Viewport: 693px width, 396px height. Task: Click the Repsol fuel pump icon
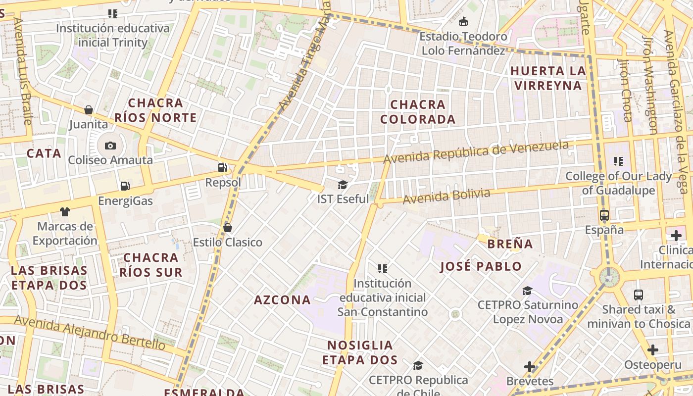(x=223, y=168)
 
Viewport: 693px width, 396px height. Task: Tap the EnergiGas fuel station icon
(x=125, y=186)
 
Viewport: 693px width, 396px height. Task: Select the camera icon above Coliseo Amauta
(x=110, y=146)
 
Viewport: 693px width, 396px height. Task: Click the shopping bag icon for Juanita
(x=89, y=109)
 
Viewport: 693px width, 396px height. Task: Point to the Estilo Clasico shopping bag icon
(x=228, y=228)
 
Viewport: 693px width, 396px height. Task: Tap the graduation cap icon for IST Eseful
(x=343, y=185)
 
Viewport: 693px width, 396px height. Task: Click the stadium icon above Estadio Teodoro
(x=463, y=21)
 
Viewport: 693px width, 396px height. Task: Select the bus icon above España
(x=604, y=215)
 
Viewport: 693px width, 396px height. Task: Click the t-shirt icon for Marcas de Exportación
(x=64, y=212)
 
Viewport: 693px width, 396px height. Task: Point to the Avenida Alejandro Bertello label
(x=89, y=332)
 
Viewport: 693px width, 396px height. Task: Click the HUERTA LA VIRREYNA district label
(x=548, y=78)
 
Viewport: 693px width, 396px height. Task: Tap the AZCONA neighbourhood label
(x=282, y=300)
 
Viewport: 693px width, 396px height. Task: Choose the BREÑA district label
(x=510, y=244)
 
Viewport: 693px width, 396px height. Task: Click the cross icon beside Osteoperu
(x=653, y=350)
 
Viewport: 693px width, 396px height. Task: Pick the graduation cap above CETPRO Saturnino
(x=528, y=291)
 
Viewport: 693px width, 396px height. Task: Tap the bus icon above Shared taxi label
(x=639, y=295)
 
